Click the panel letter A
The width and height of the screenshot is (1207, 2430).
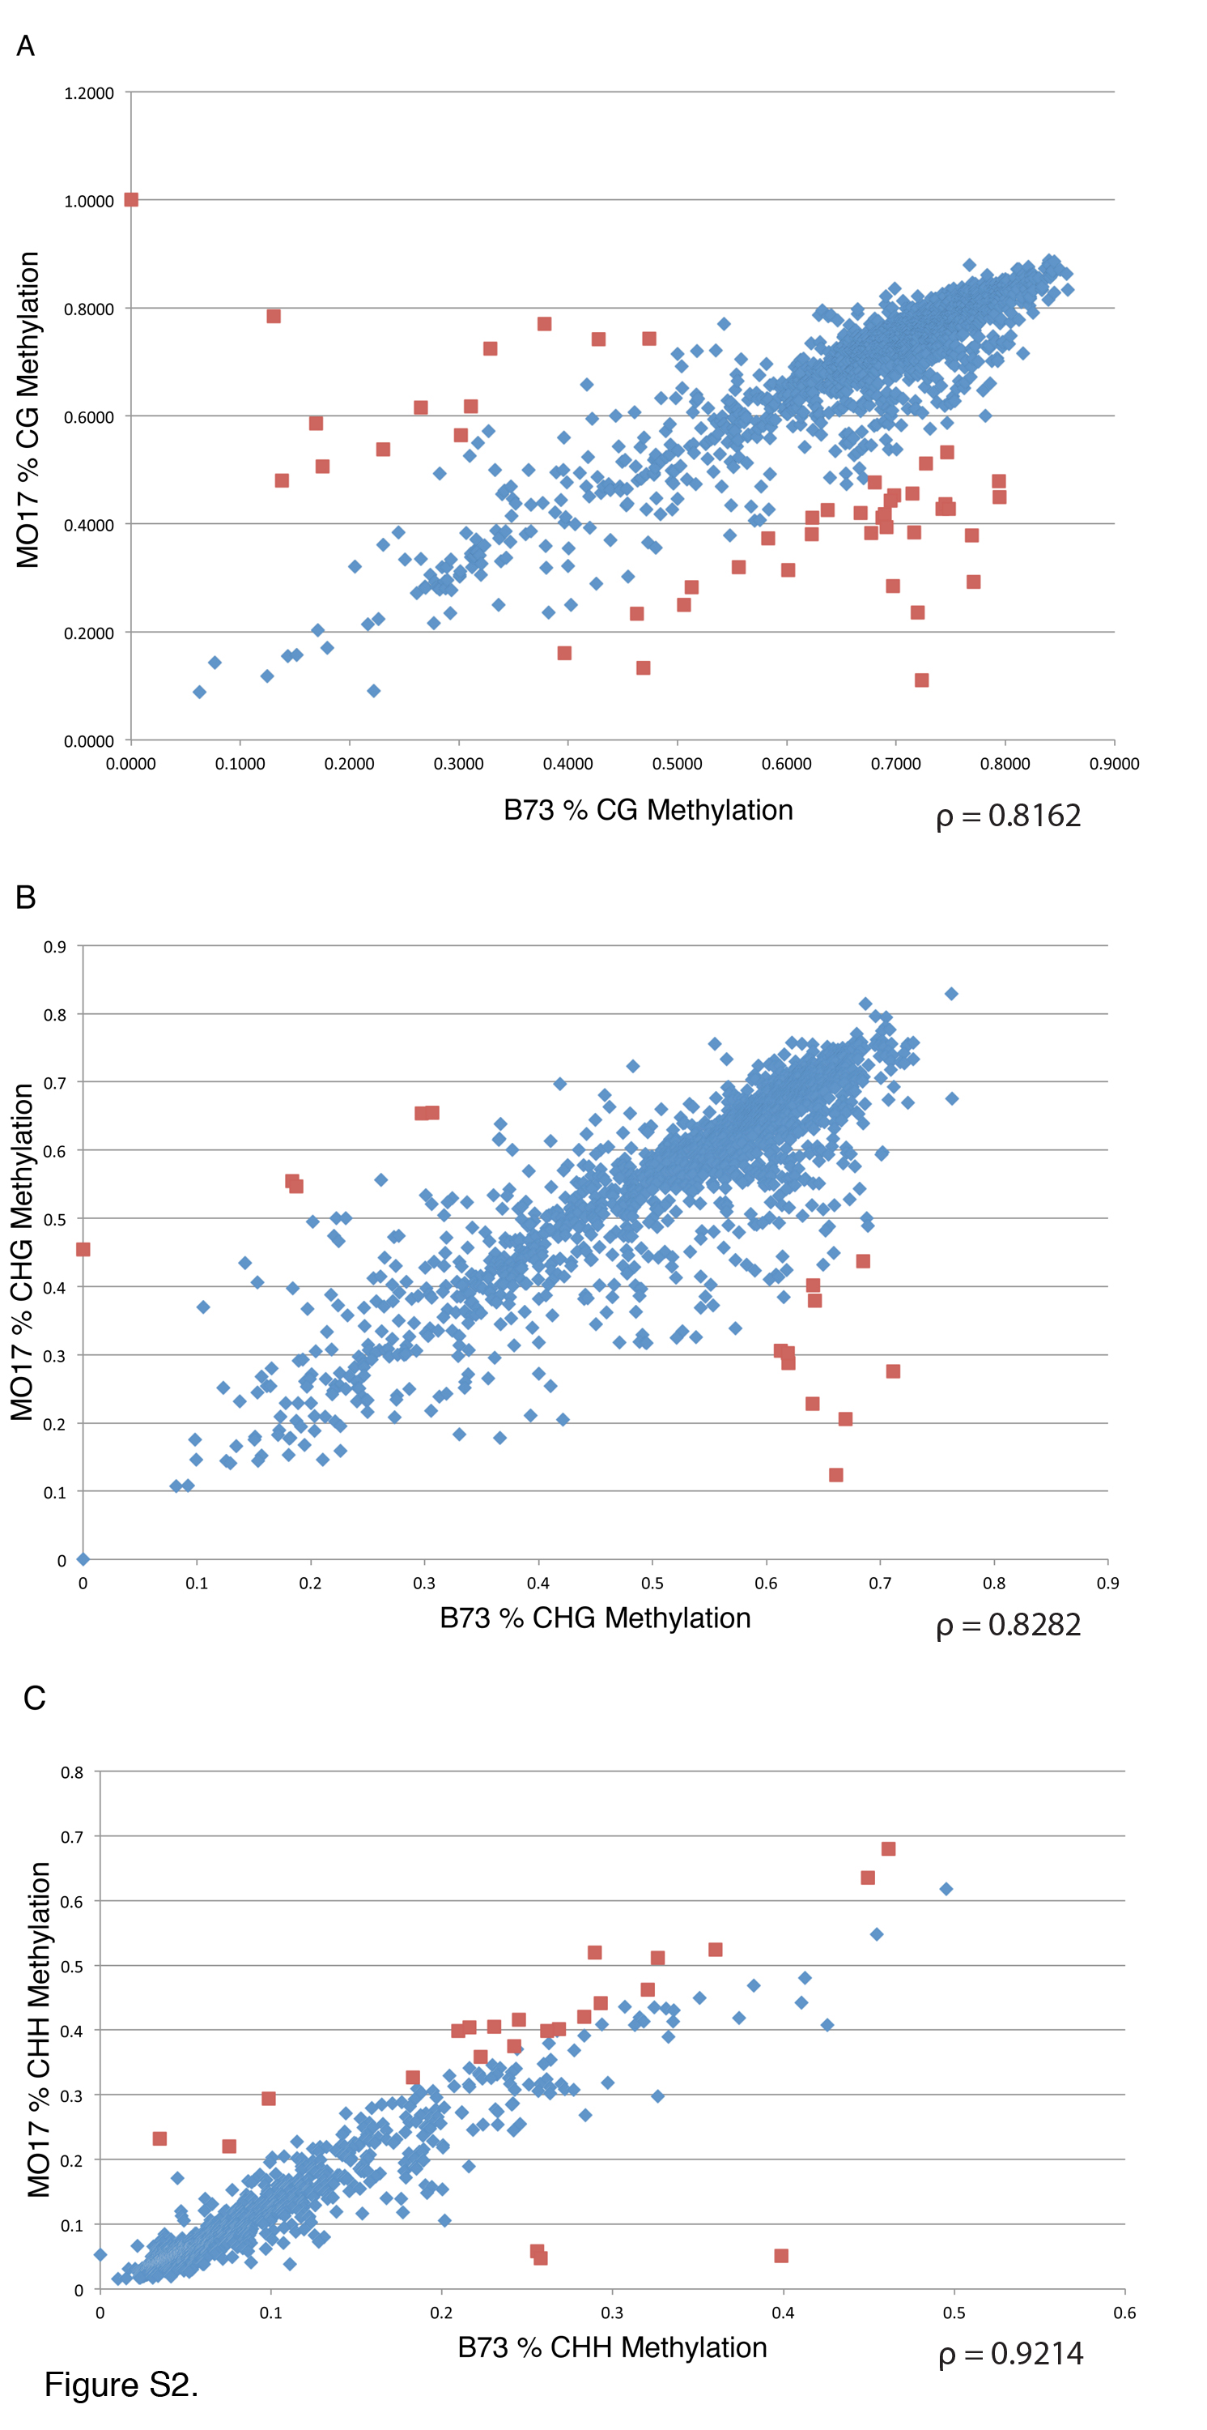pos(25,45)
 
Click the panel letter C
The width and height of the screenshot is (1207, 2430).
pos(34,1698)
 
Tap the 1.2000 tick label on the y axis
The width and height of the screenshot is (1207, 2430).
pos(88,93)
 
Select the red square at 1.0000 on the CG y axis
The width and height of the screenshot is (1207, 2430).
pos(131,200)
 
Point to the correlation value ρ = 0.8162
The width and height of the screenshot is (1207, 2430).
pos(1008,816)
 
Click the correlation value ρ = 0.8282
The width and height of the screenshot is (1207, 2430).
pos(1008,1624)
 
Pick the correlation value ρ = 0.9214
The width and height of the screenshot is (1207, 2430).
pos(1010,2354)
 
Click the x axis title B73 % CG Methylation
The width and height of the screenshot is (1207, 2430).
pos(648,810)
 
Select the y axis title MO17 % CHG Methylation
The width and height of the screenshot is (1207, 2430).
pos(23,1251)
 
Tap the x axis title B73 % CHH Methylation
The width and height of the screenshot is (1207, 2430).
pos(612,2347)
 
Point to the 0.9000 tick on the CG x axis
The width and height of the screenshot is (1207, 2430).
pos(1114,763)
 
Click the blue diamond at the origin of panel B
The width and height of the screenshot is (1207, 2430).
pos(83,1559)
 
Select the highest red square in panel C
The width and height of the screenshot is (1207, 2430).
pos(888,1849)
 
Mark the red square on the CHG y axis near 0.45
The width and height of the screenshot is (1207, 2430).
pos(83,1250)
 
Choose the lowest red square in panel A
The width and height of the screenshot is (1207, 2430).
pos(921,680)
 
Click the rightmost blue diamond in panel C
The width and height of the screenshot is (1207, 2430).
pos(946,1889)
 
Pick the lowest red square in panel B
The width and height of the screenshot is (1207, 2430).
pos(835,1475)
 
